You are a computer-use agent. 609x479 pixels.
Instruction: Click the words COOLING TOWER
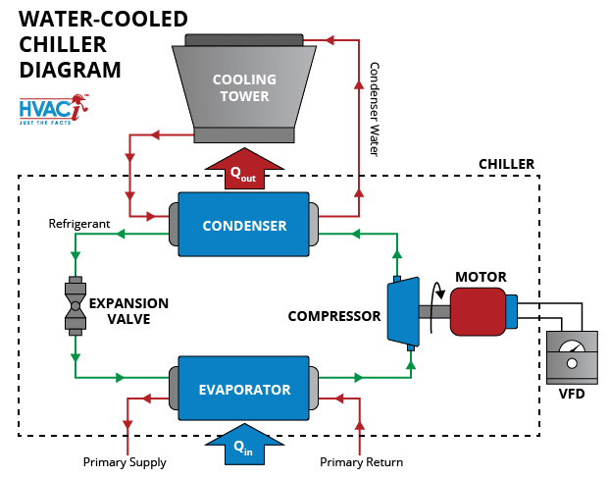pos(244,87)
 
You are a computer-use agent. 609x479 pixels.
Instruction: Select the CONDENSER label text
pos(244,226)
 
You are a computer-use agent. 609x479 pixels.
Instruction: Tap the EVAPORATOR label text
pos(244,390)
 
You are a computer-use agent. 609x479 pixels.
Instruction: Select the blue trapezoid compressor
pos(403,312)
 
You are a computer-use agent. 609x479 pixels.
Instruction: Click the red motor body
pos(478,311)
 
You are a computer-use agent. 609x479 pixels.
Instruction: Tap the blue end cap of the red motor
pos(511,311)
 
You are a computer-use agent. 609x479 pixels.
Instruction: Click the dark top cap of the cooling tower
pos(244,40)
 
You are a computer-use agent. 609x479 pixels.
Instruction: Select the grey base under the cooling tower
pos(243,134)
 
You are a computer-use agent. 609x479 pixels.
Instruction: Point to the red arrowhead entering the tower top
pos(330,40)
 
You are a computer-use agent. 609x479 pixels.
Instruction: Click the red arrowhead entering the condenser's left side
pos(149,216)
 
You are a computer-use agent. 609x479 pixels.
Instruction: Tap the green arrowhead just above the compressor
pos(396,253)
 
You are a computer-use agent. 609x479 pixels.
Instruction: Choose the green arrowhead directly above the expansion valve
pos(76,254)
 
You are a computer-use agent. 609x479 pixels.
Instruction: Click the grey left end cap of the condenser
pos(173,225)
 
